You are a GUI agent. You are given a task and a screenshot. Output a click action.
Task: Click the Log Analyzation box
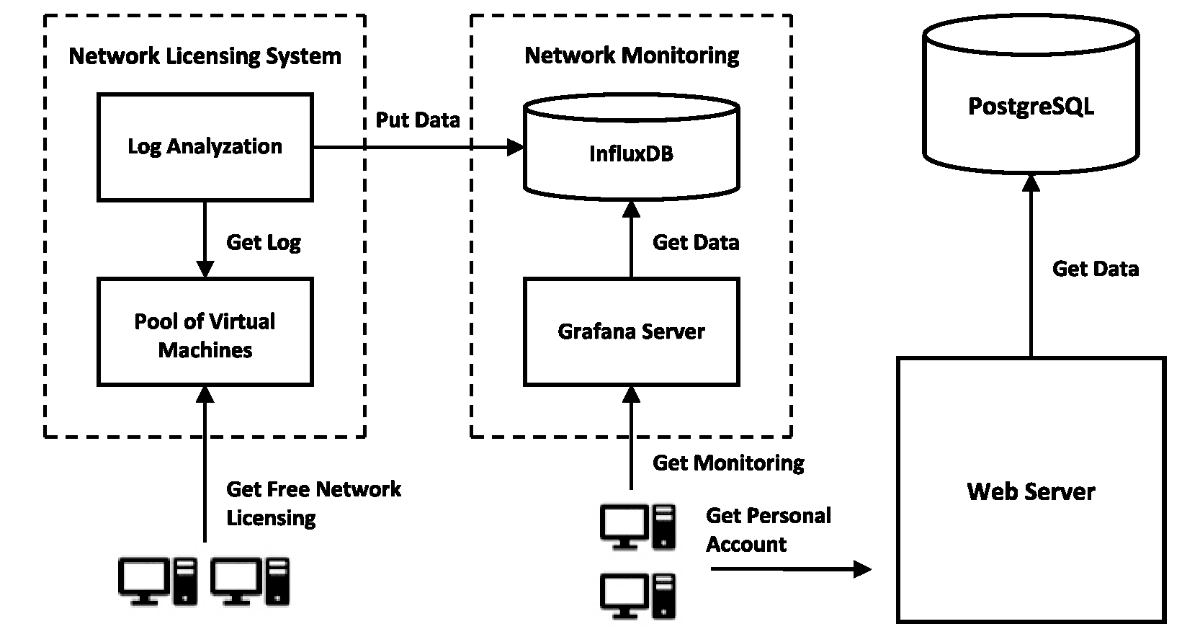tap(205, 147)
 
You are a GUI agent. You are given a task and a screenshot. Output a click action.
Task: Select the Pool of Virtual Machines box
tap(205, 333)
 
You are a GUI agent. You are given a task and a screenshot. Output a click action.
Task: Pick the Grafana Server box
tap(631, 331)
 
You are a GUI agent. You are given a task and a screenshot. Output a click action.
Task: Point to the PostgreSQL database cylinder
tap(1031, 107)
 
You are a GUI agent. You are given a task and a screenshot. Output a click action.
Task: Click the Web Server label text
tap(1031, 492)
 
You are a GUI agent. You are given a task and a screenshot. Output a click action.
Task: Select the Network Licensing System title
tap(205, 56)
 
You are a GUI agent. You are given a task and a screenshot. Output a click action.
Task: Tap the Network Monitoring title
tap(632, 55)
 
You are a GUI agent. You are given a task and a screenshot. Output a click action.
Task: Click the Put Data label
tap(418, 120)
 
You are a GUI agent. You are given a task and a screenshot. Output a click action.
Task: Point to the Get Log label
tap(264, 242)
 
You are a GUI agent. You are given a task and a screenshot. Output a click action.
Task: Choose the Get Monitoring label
tap(728, 463)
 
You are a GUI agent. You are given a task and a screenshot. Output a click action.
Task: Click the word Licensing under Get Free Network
tap(271, 518)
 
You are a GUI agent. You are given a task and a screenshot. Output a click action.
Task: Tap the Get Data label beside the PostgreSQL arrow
tap(1095, 269)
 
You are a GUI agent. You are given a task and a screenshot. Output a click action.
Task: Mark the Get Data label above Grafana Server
tap(696, 242)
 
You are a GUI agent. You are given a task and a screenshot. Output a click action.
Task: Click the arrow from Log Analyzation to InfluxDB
tap(418, 148)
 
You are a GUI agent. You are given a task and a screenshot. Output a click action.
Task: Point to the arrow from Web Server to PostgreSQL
tap(1031, 267)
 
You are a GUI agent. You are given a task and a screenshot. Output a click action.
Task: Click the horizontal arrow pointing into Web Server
tap(790, 569)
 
